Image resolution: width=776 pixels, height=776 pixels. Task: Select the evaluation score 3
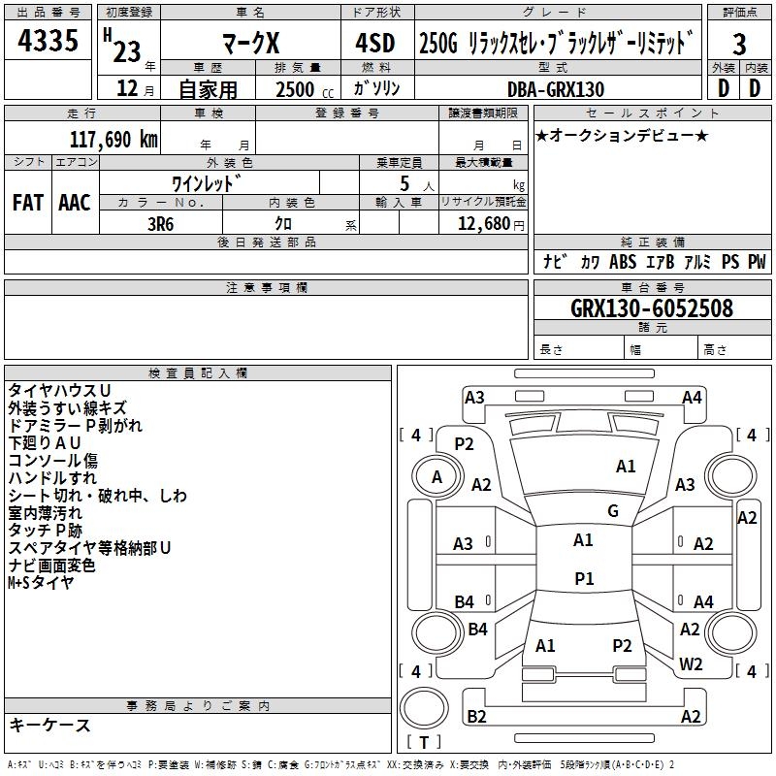[x=739, y=45]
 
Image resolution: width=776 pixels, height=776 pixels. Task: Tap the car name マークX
[x=251, y=44]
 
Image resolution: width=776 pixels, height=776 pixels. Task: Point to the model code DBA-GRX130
[x=555, y=89]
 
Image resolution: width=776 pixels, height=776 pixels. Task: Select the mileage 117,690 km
[x=113, y=139]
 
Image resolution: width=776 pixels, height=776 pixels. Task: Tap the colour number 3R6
[x=161, y=223]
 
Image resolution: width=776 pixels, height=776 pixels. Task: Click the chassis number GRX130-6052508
[x=652, y=308]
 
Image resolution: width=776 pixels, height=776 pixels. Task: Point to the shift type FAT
[x=27, y=202]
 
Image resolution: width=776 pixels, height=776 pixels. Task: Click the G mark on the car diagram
[x=612, y=511]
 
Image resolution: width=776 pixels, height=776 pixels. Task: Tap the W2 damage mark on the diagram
[x=691, y=664]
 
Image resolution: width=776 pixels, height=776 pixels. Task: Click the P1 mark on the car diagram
[x=584, y=578]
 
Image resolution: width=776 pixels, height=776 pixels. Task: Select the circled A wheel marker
[x=436, y=477]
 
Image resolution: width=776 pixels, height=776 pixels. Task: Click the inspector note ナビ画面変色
[x=51, y=566]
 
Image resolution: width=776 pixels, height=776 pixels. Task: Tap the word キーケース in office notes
[x=49, y=725]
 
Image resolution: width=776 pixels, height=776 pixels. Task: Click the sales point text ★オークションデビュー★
[x=621, y=135]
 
